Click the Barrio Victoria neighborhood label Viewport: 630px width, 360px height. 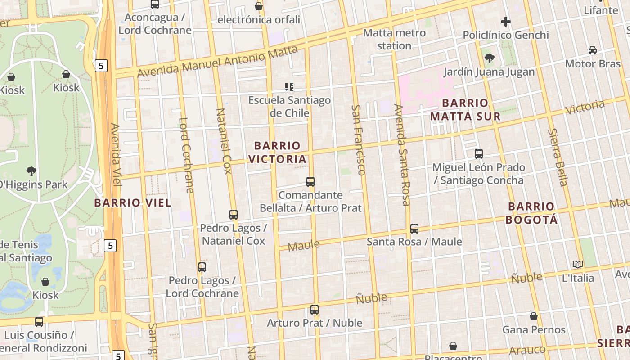(277, 152)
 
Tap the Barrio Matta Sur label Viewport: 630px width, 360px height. (465, 110)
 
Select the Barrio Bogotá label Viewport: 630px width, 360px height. (531, 213)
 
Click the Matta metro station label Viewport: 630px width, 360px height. (394, 39)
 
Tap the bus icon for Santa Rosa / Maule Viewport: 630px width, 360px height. (414, 229)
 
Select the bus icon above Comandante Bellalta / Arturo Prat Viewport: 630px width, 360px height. (310, 182)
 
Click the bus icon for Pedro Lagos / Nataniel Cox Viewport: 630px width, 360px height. (234, 215)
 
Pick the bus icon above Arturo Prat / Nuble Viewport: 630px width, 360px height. (315, 310)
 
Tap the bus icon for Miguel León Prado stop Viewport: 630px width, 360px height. (479, 154)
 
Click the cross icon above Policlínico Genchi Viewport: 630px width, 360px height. (506, 22)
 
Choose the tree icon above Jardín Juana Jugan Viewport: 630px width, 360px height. (489, 58)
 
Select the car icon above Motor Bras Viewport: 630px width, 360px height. (593, 50)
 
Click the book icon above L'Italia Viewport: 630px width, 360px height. (578, 264)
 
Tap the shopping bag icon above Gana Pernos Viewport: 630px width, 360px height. (534, 316)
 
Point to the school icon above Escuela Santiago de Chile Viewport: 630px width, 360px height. (289, 86)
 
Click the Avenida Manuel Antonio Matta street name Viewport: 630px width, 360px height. (217, 62)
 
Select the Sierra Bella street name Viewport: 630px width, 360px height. (558, 157)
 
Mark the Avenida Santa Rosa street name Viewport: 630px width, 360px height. (402, 155)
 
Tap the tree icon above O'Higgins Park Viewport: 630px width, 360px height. (31, 171)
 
